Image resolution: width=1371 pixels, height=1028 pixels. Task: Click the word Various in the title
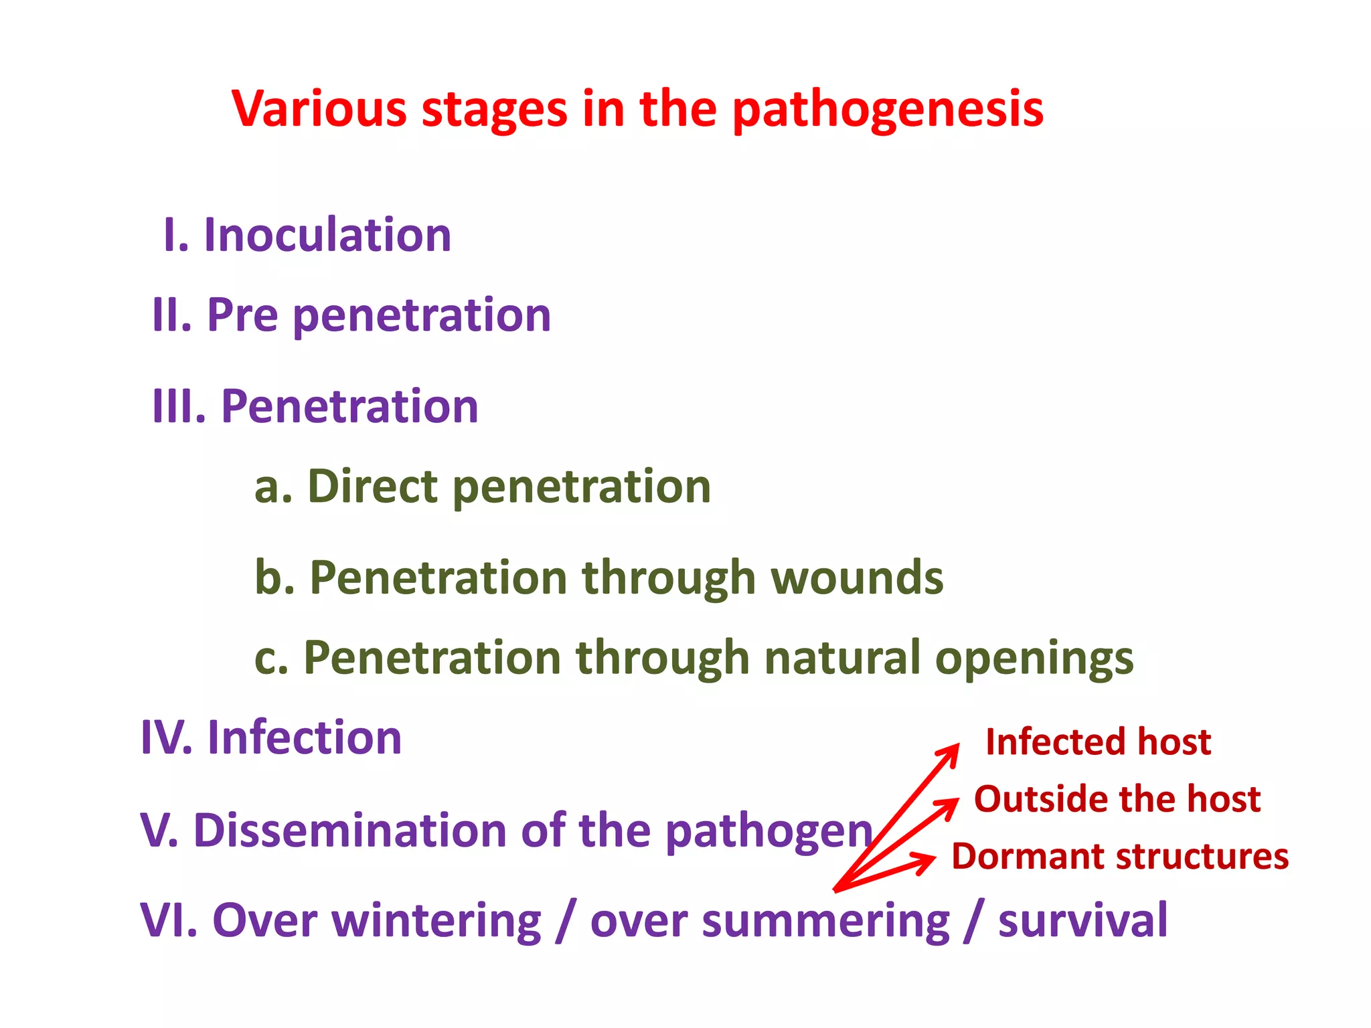point(319,109)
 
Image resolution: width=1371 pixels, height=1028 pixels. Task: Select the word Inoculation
point(327,236)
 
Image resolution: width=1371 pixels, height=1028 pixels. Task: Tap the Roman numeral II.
point(171,315)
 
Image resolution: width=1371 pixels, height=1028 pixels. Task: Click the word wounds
point(857,578)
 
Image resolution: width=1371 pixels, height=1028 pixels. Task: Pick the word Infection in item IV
point(305,738)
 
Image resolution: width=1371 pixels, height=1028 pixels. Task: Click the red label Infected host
point(1098,742)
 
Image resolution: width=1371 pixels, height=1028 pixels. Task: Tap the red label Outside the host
point(1117,799)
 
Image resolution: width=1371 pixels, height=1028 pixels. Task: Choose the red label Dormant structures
point(1119,857)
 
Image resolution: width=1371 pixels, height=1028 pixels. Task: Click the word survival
point(1082,921)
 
